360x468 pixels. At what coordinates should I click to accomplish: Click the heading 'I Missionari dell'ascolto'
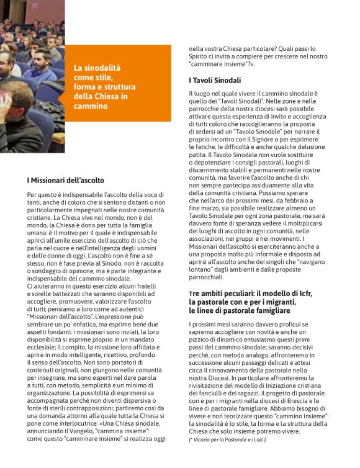65,180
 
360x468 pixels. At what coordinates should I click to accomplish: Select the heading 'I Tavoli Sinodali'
215,80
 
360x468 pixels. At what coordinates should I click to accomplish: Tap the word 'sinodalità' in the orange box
101,68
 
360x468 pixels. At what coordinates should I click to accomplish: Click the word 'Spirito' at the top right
201,56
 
